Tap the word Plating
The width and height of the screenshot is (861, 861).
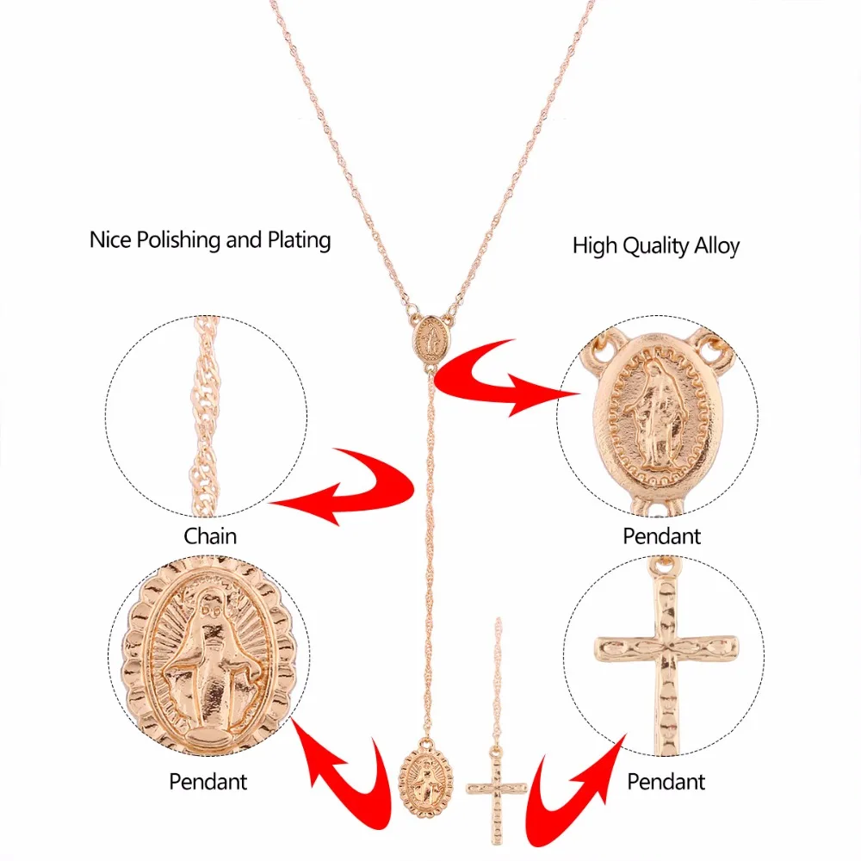tap(299, 240)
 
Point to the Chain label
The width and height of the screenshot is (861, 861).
tap(210, 536)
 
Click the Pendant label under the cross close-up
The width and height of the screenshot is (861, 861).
tap(666, 782)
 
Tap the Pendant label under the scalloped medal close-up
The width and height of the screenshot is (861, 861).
tap(208, 782)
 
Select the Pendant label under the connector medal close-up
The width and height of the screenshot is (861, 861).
tap(661, 536)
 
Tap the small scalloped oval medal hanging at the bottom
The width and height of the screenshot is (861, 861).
tap(426, 777)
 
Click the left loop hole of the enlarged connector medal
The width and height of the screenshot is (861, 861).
tap(602, 345)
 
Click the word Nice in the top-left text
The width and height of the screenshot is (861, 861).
tap(110, 240)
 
